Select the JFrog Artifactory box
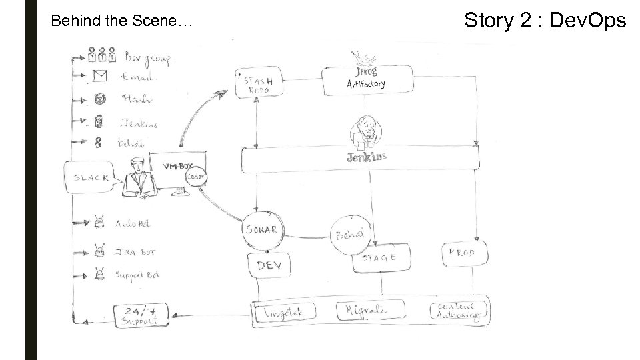click(x=365, y=80)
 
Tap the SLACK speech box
click(x=91, y=178)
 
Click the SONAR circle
click(x=263, y=230)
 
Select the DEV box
click(x=269, y=265)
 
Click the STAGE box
click(x=379, y=258)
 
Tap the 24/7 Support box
click(x=141, y=315)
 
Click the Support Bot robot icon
click(x=99, y=273)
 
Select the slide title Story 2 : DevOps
click(x=545, y=21)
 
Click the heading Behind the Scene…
click(x=121, y=21)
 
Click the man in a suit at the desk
click(x=139, y=176)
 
